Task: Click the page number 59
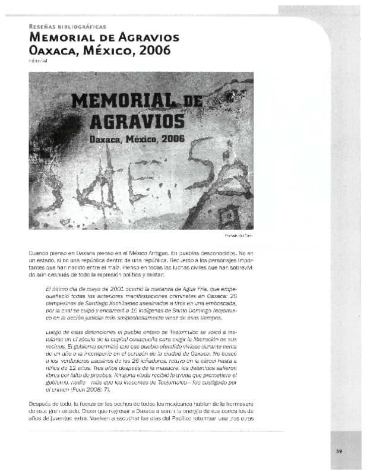pos(339,451)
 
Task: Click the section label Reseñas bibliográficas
pos(67,27)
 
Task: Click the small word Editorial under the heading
pos(37,61)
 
